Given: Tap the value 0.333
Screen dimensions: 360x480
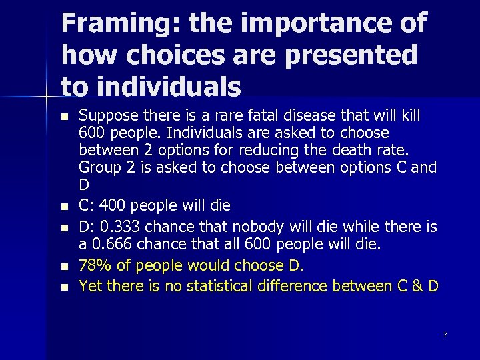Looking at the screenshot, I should [119, 227].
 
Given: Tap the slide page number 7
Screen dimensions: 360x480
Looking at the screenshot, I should [445, 335].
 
